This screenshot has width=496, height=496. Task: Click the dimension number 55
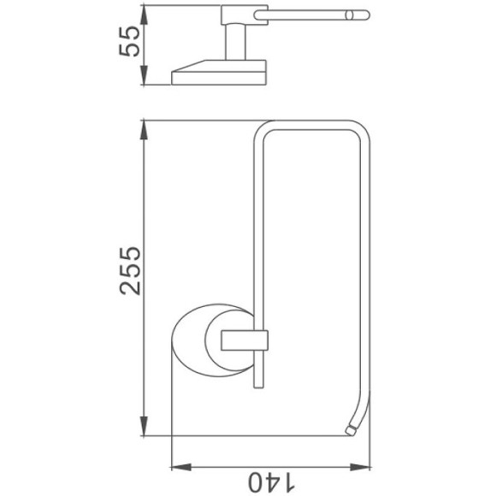(x=129, y=41)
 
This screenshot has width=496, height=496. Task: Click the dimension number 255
(x=130, y=270)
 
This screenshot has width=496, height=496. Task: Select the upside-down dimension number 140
(x=271, y=482)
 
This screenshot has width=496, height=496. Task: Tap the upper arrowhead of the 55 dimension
(x=144, y=15)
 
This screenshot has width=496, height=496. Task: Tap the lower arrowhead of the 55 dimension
(x=144, y=75)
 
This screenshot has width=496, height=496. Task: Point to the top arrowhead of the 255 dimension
(x=144, y=130)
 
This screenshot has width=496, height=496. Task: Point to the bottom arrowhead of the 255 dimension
(x=144, y=426)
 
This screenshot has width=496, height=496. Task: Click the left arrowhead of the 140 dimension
(x=181, y=467)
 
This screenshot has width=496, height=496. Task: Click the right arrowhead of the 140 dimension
(x=360, y=467)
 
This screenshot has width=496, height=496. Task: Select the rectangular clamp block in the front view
(x=245, y=340)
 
